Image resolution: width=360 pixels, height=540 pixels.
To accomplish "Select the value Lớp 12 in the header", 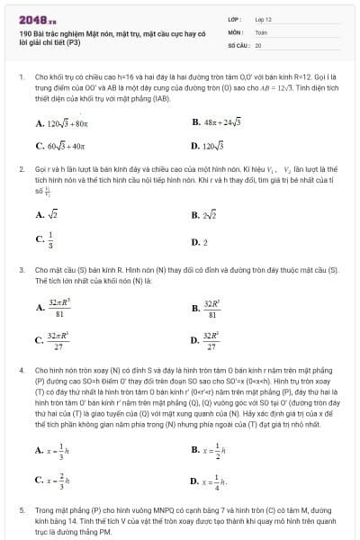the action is point(262,18).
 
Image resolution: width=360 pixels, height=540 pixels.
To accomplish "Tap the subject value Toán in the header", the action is point(261,31).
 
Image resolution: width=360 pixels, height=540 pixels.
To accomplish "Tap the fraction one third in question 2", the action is point(50,239).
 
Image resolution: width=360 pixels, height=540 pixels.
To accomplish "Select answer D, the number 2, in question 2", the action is point(204,242).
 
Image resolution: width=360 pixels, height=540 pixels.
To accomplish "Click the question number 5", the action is point(22,509).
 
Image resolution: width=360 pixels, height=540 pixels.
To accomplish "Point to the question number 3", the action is point(22,269).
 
